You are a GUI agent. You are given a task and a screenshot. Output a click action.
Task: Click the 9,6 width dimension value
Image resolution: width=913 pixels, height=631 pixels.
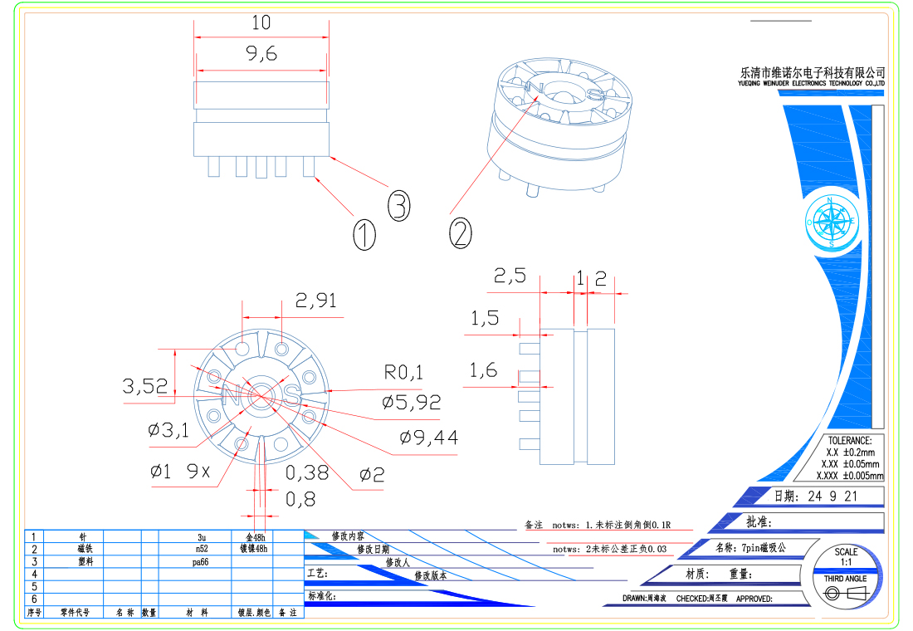click(x=261, y=54)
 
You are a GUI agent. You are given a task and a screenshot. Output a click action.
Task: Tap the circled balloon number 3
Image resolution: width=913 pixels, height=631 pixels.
click(x=399, y=205)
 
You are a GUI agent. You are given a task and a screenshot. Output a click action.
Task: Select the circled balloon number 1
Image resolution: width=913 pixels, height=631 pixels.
click(x=364, y=234)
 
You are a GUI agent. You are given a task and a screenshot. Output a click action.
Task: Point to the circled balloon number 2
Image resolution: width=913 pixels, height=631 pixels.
click(x=461, y=232)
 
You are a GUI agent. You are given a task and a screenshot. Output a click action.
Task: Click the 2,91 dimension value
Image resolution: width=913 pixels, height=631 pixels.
click(x=316, y=300)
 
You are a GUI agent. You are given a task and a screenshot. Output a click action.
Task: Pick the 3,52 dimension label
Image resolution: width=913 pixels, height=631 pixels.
click(x=145, y=386)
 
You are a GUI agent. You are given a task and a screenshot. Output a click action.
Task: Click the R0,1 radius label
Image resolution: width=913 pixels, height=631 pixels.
click(x=403, y=372)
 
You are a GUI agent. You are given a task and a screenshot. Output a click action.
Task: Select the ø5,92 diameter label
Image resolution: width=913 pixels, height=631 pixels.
click(x=411, y=403)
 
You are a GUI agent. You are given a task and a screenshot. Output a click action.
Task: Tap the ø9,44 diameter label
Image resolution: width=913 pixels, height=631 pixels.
click(x=428, y=438)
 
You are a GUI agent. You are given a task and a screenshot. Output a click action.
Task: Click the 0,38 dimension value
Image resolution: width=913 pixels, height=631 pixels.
click(x=307, y=473)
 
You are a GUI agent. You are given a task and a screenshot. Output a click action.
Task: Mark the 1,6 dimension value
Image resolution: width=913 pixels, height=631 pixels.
click(x=484, y=370)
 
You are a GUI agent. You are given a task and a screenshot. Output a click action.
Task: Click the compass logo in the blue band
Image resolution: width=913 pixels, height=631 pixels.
click(x=831, y=221)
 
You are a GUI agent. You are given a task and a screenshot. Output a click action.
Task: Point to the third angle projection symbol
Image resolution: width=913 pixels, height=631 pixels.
click(x=846, y=592)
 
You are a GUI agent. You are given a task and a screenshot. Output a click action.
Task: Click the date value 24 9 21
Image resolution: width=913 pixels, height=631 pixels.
click(x=827, y=496)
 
